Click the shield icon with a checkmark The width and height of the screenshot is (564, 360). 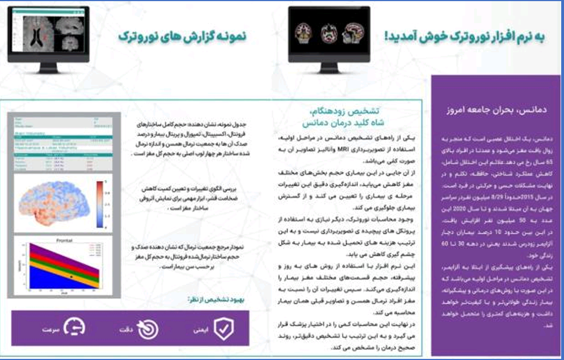[224, 330]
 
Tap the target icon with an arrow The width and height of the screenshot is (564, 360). [148, 330]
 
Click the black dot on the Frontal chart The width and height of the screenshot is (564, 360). [71, 277]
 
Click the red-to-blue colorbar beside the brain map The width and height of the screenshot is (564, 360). [99, 204]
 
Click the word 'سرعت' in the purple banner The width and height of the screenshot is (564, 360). [51, 330]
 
